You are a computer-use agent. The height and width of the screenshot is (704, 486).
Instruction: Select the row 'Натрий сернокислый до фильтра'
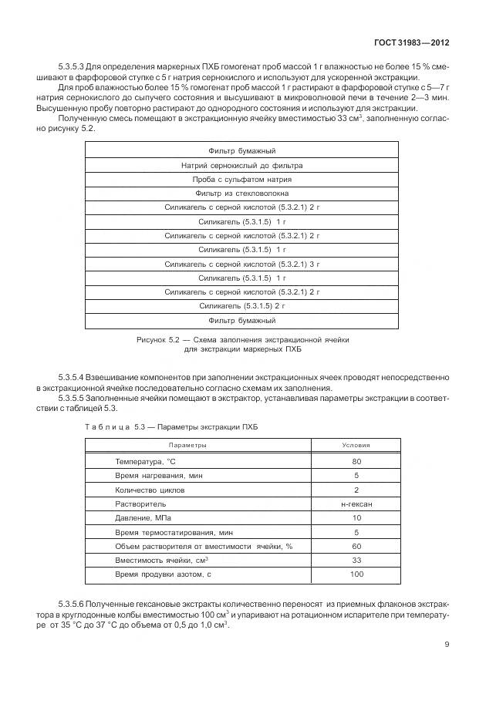[x=241, y=166]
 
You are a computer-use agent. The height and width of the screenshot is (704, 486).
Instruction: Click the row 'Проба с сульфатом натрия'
[x=241, y=180]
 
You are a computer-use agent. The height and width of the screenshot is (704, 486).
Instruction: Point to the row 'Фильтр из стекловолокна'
[x=241, y=194]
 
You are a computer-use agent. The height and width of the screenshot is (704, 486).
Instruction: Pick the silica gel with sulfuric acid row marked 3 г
[x=241, y=264]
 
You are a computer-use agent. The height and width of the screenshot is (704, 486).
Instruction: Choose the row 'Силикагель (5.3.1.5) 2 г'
[x=241, y=306]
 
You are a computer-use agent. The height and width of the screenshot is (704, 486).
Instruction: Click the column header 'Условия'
[x=356, y=446]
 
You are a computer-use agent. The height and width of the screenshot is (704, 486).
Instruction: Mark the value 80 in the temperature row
[x=356, y=461]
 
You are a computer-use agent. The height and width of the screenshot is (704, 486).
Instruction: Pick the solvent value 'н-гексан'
[x=356, y=504]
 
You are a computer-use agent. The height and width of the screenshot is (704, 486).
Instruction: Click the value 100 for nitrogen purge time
[x=356, y=575]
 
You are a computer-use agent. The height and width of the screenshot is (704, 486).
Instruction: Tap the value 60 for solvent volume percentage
[x=356, y=546]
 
